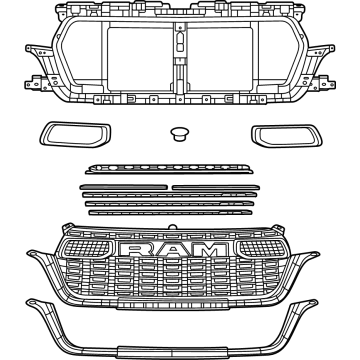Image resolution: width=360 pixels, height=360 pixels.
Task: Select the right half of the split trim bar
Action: [219, 186]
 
